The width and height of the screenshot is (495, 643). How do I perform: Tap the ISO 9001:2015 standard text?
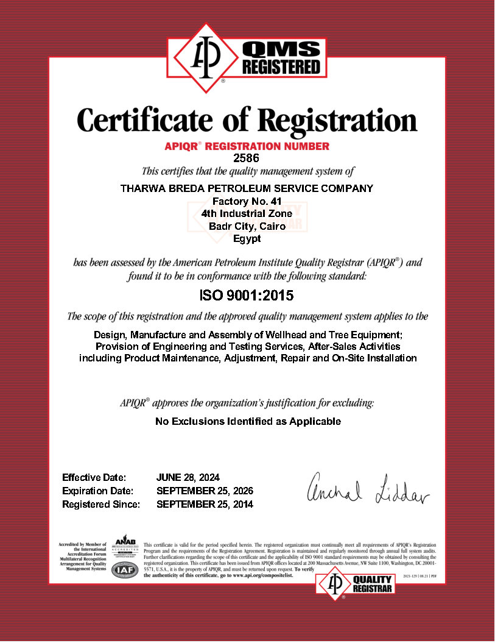247,296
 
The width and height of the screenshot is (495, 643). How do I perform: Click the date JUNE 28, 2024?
188,477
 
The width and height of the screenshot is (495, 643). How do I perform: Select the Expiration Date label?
97,491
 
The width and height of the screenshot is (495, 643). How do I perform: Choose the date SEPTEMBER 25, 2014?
205,504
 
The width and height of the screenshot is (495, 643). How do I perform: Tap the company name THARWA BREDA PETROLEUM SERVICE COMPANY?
247,188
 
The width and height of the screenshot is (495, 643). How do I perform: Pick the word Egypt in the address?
247,238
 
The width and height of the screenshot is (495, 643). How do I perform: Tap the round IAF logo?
125,570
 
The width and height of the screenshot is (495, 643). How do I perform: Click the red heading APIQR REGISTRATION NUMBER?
247,146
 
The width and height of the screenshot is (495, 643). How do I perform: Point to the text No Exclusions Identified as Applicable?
248,421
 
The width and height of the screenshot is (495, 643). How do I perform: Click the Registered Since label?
101,504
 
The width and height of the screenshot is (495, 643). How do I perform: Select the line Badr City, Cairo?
247,226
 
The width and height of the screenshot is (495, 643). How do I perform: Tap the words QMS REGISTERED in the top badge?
281,59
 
